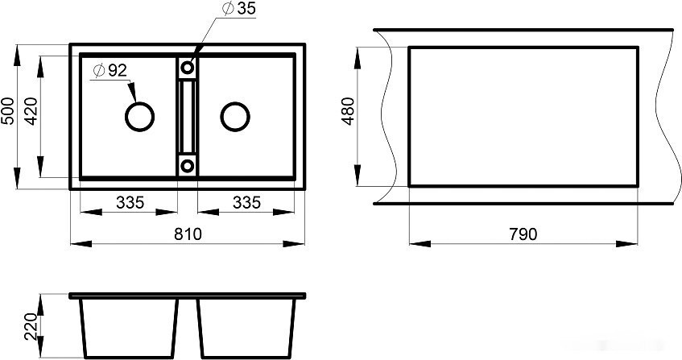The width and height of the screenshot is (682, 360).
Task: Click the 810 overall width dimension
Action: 188,234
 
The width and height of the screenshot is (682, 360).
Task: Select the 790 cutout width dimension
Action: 523,234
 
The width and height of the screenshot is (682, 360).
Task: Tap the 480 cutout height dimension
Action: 349,111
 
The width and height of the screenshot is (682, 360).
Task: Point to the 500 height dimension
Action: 8,111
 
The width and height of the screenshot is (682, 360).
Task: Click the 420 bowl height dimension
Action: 31,111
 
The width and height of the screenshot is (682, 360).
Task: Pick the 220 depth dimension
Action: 31,326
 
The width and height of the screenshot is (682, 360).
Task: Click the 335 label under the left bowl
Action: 130,202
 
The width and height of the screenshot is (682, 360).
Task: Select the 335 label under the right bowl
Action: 246,202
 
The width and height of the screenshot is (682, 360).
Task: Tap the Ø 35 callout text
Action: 239,8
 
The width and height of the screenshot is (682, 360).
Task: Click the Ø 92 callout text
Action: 110,70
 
